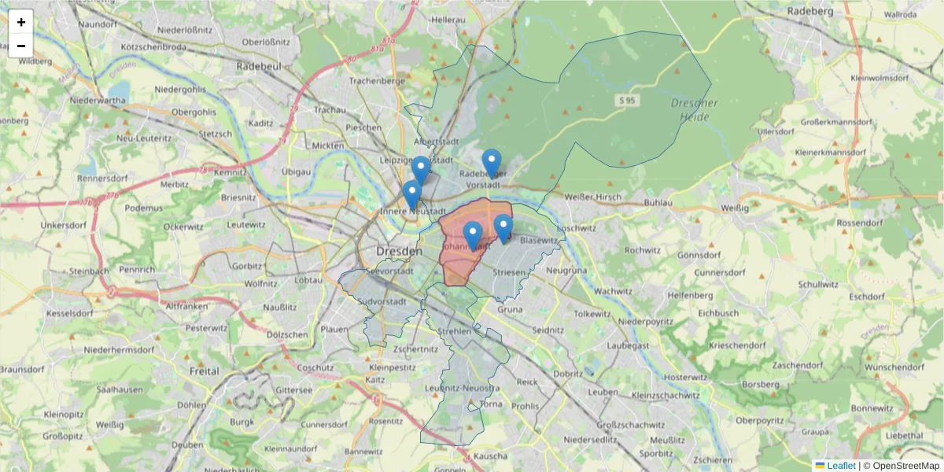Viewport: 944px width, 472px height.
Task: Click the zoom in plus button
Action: point(21,22)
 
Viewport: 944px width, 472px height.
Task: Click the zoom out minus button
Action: point(21,46)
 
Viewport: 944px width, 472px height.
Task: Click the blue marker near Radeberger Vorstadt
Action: point(492,164)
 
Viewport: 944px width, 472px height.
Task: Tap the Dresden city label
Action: point(400,251)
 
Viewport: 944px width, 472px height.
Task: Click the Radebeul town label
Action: point(259,67)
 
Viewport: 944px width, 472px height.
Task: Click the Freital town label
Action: point(205,370)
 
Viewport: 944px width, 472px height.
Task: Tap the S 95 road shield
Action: point(626,101)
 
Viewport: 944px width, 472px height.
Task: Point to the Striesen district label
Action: point(508,272)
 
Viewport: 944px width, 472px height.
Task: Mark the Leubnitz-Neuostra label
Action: point(462,389)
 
